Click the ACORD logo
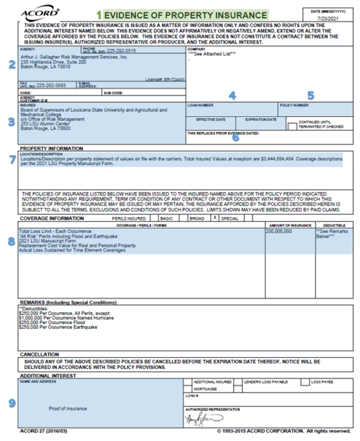pos(40,13)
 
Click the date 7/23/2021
pos(328,19)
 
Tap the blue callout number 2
pos(12,65)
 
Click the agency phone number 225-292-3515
pos(120,50)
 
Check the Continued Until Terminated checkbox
pos(292,125)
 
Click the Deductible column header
pos(334,226)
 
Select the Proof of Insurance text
pos(68,408)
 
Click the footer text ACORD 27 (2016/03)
pos(43,431)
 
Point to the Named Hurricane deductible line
pos(66,318)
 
